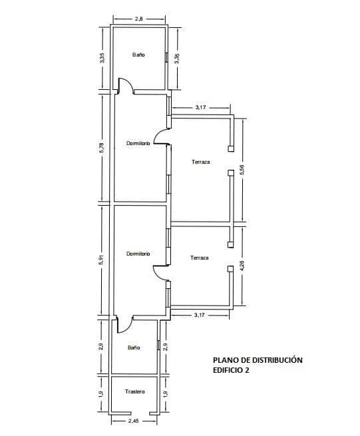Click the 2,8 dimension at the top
pyautogui.click(x=138, y=19)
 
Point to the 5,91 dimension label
pyautogui.click(x=101, y=260)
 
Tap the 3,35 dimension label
pyautogui.click(x=101, y=59)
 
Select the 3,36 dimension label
pyautogui.click(x=176, y=59)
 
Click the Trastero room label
pyautogui.click(x=134, y=391)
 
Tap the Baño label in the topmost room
pyautogui.click(x=138, y=55)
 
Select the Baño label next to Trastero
pyautogui.click(x=134, y=347)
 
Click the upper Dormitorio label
pyautogui.click(x=138, y=143)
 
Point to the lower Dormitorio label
pyautogui.click(x=138, y=254)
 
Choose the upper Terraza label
pyautogui.click(x=201, y=162)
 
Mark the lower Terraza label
pyautogui.click(x=200, y=258)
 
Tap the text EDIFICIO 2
pyautogui.click(x=227, y=371)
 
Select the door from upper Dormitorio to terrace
pyautogui.click(x=160, y=136)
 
